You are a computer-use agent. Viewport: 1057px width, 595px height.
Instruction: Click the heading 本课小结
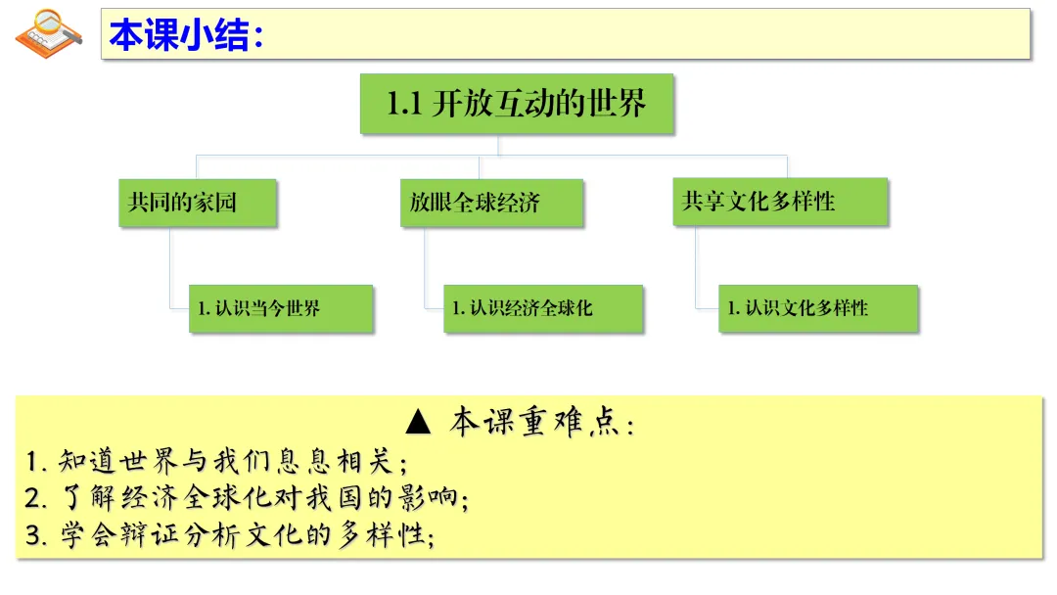coord(186,35)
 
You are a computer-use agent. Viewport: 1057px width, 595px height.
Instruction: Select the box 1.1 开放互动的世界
coord(517,104)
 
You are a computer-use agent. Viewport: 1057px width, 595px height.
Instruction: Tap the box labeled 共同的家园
coord(197,204)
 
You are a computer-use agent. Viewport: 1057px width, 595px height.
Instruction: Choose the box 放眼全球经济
coord(491,204)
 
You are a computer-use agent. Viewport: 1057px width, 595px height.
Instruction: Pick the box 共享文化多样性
coord(779,203)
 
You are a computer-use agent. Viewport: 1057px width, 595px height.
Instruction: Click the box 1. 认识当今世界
coord(281,308)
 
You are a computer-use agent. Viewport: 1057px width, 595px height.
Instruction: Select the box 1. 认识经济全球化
coord(543,308)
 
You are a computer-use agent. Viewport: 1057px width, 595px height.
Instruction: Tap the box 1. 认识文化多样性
coord(818,308)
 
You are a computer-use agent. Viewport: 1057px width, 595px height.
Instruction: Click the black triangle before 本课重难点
coord(418,422)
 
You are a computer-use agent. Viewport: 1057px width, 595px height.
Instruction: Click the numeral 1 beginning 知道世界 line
coord(33,461)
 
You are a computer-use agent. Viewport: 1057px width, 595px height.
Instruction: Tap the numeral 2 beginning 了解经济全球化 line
coord(34,498)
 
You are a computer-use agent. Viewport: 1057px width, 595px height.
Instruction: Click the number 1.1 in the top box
coord(403,104)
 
